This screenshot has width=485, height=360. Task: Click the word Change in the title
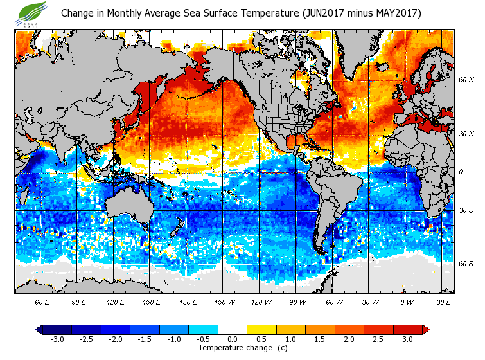(77, 14)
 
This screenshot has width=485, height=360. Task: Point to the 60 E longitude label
(42, 301)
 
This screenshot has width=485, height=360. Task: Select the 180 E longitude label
(188, 301)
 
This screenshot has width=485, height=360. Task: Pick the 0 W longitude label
(406, 301)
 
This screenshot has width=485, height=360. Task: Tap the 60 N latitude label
(465, 80)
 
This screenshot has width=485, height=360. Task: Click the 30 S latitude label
(465, 211)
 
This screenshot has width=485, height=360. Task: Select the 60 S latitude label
(465, 264)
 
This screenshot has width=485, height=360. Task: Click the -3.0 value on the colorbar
(57, 339)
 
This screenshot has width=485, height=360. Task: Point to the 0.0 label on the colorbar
(232, 339)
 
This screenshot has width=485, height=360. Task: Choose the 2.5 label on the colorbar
(378, 339)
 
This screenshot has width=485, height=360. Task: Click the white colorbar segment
(232, 330)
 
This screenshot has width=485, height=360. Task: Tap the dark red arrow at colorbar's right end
(426, 330)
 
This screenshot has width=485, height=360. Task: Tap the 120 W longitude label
(260, 301)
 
